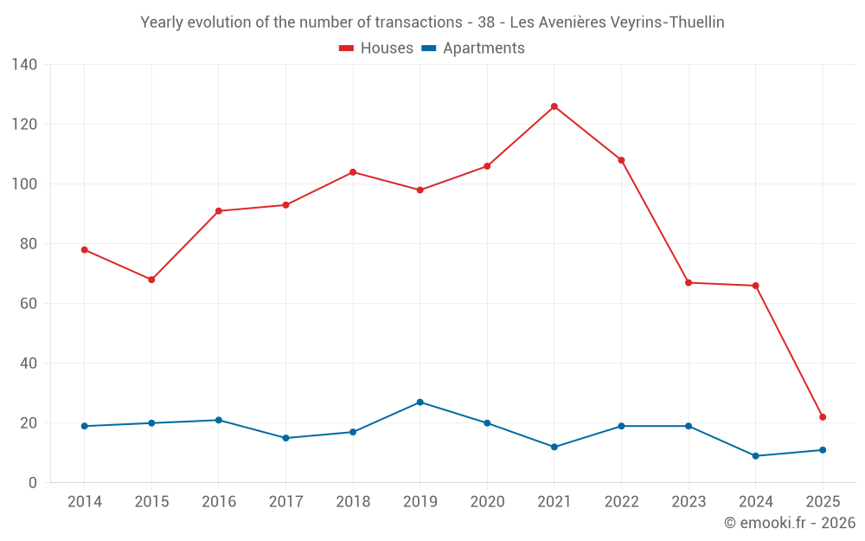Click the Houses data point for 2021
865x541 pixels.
pyautogui.click(x=554, y=106)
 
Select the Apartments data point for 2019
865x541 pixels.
pyautogui.click(x=420, y=403)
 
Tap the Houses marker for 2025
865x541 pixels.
pyautogui.click(x=823, y=417)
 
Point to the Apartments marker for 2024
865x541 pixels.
pyautogui.click(x=756, y=456)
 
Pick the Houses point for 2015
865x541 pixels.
pyautogui.click(x=151, y=280)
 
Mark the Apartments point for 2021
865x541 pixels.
pyautogui.click(x=554, y=447)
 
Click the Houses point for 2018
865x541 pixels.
pyautogui.click(x=353, y=172)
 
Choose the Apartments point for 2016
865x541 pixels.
pyautogui.click(x=219, y=420)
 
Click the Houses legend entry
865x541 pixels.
pyautogui.click(x=376, y=48)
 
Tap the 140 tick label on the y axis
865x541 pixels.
pyautogui.click(x=24, y=65)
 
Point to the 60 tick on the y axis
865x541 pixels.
pyautogui.click(x=29, y=304)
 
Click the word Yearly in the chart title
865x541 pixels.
pyautogui.click(x=163, y=23)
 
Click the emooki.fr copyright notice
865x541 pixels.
pyautogui.click(x=790, y=523)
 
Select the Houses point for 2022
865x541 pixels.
pyautogui.click(x=621, y=160)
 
